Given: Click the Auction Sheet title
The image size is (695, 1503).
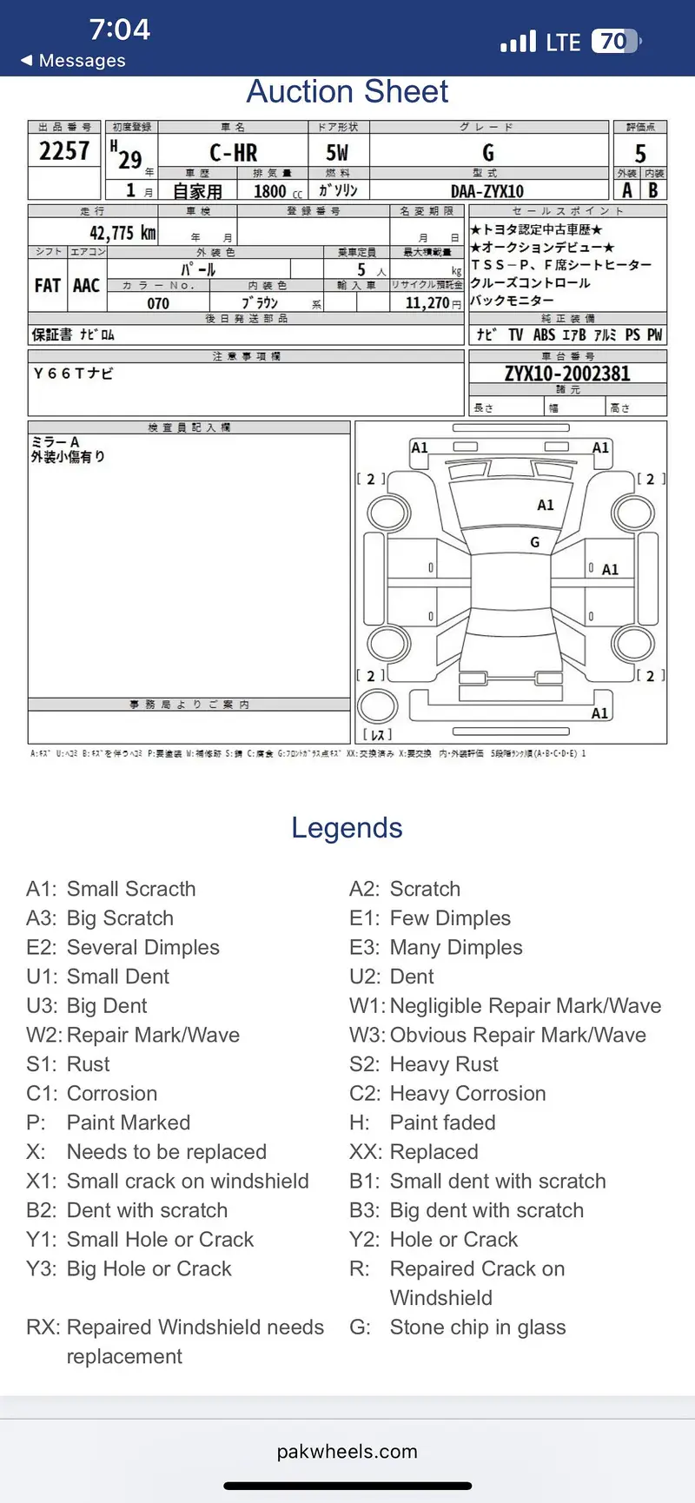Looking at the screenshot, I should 347,92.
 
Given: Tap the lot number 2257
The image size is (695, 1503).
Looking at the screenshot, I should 64,151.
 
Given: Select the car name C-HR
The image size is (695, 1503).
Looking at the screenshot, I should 233,154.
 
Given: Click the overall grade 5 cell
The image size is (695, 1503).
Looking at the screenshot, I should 640,154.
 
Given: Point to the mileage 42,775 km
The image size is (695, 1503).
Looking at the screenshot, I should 122,233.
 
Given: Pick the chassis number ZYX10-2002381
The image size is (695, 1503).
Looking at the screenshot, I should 567,374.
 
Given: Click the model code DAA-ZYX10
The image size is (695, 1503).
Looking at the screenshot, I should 486,191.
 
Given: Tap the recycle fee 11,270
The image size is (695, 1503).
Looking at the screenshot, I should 427,303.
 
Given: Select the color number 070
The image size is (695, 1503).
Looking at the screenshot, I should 158,303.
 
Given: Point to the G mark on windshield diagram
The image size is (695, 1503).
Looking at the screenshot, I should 534,542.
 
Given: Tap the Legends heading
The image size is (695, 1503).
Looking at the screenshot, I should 347,828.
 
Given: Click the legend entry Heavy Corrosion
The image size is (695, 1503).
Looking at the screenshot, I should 467,1093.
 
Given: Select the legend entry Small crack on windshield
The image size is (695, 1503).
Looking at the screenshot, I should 187,1181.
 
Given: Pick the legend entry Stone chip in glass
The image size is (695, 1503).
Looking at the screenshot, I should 477,1327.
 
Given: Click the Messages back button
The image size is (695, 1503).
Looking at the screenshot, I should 73,61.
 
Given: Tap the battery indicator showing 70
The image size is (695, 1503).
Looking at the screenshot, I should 616,41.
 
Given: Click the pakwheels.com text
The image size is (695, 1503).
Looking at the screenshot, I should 347,1452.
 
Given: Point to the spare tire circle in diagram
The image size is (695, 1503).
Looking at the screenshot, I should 377,706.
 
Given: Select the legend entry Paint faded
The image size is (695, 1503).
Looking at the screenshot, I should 442,1122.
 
